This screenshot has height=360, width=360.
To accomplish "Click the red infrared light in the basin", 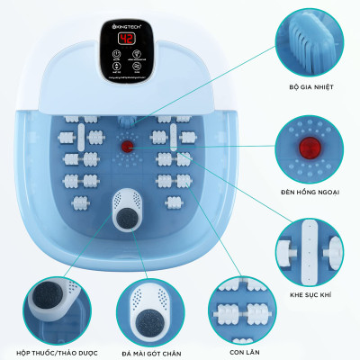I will click(x=127, y=144).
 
